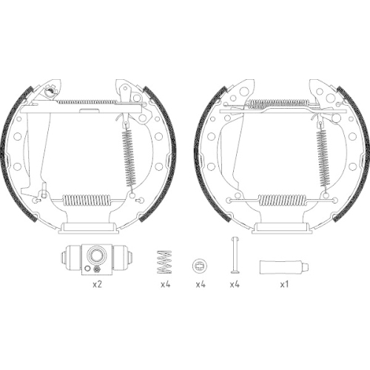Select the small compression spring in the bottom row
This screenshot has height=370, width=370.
pyautogui.click(x=165, y=260)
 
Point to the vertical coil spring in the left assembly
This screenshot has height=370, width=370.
pyautogui.click(x=132, y=158)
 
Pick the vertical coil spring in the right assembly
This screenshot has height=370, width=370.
pyautogui.click(x=323, y=158)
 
